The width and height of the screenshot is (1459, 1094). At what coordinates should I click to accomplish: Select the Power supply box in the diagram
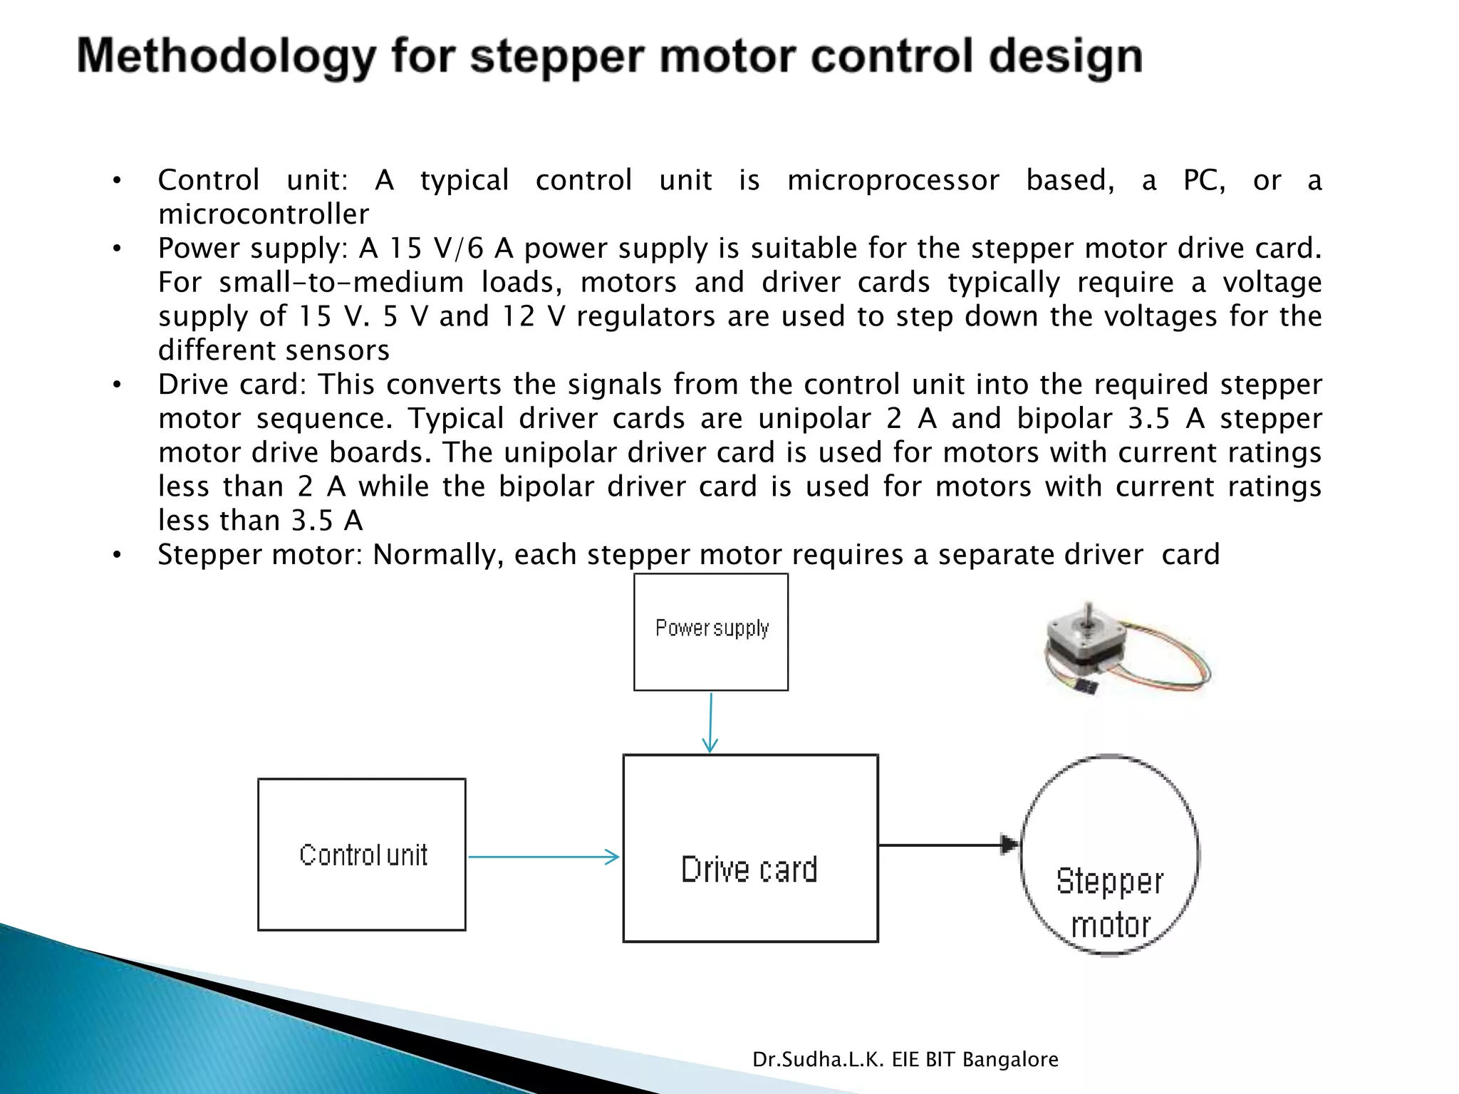click(x=711, y=632)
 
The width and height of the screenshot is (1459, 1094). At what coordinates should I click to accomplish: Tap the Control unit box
click(x=362, y=854)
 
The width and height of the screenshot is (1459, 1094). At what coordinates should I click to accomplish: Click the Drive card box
click(x=750, y=848)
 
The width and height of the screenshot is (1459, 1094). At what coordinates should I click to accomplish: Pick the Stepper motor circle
click(x=1109, y=855)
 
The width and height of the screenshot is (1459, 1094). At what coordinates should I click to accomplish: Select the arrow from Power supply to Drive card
click(x=710, y=722)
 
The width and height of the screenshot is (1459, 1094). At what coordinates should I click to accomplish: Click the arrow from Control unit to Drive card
click(x=543, y=857)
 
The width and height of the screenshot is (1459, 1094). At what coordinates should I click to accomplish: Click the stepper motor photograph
click(x=1126, y=650)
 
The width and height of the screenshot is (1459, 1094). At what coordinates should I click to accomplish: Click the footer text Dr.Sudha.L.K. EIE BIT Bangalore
click(x=905, y=1060)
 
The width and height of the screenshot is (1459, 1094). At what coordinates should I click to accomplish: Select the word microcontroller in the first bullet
click(x=264, y=214)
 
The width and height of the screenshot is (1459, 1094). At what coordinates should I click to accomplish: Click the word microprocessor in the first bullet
click(x=893, y=180)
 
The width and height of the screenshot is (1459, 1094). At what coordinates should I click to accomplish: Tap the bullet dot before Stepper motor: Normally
click(x=118, y=555)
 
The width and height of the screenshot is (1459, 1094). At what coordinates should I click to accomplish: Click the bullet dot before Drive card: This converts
click(x=118, y=385)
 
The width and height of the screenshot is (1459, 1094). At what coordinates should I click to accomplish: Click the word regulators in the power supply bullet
click(x=645, y=316)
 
